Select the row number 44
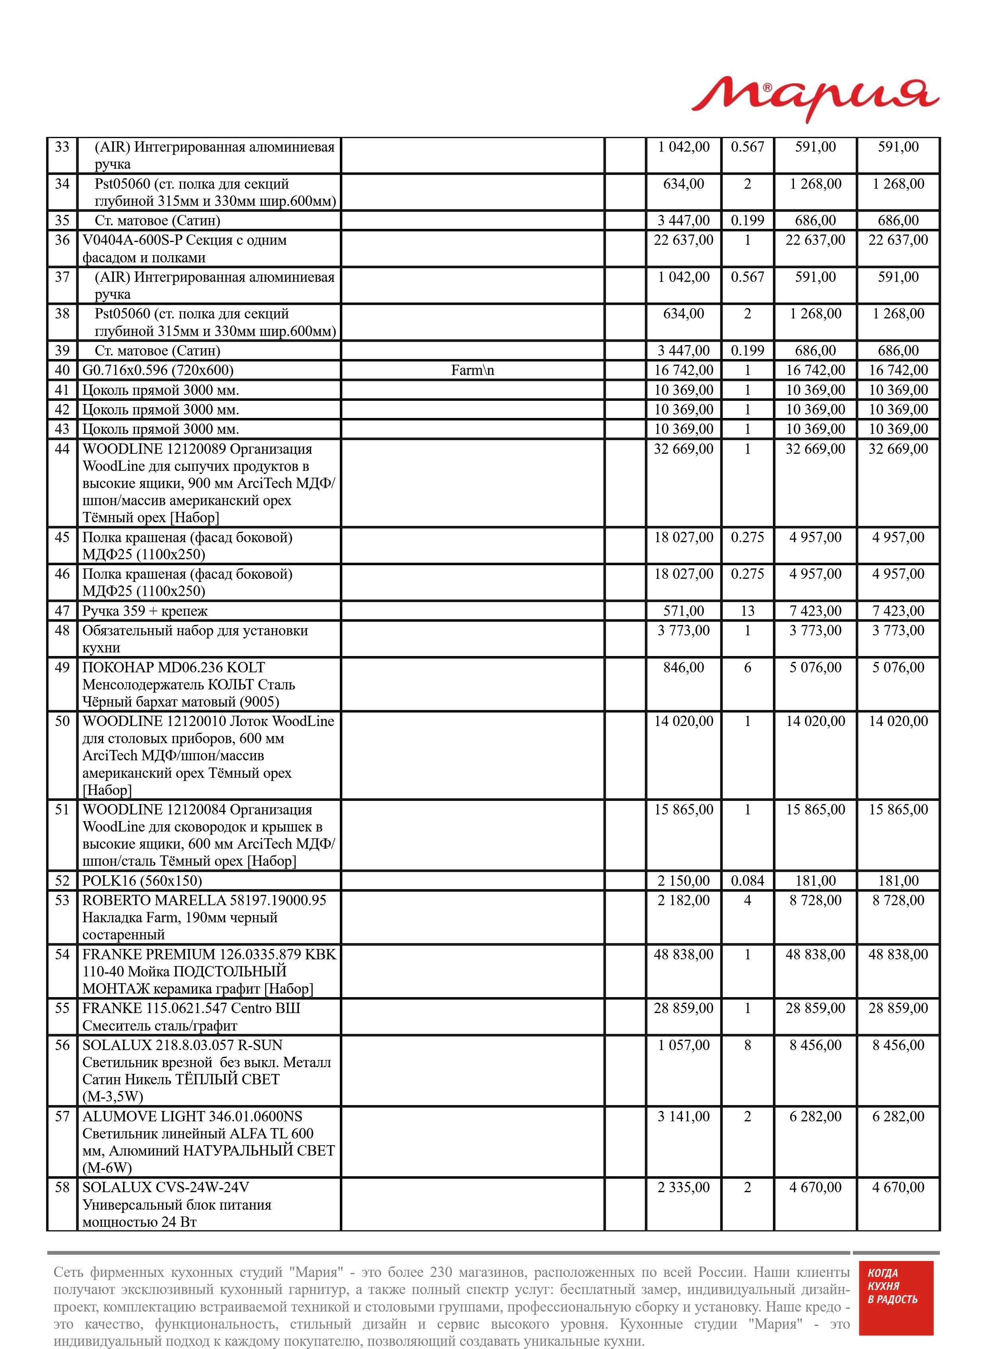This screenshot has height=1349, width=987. coord(62,449)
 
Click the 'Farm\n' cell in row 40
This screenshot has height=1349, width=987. coord(472,371)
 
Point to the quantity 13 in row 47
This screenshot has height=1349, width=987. coord(747,611)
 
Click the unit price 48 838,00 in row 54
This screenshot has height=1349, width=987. coord(683,954)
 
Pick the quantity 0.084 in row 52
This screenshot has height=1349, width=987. coord(747,880)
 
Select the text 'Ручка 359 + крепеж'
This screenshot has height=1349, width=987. coord(145,611)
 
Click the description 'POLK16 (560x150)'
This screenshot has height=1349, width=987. coord(142,880)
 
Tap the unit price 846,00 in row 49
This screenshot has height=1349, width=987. coord(683,667)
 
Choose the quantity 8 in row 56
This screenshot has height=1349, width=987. coord(747,1045)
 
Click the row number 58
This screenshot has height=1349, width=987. coord(62,1187)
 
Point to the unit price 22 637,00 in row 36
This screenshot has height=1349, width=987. coord(683,240)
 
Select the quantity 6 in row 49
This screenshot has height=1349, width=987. coord(747,667)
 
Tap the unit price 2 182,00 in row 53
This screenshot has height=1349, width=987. coord(683,900)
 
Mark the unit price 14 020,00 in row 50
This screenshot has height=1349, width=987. coord(683,721)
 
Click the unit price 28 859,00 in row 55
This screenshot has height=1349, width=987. coord(683,1008)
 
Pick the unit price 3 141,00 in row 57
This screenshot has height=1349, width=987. coord(683,1116)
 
